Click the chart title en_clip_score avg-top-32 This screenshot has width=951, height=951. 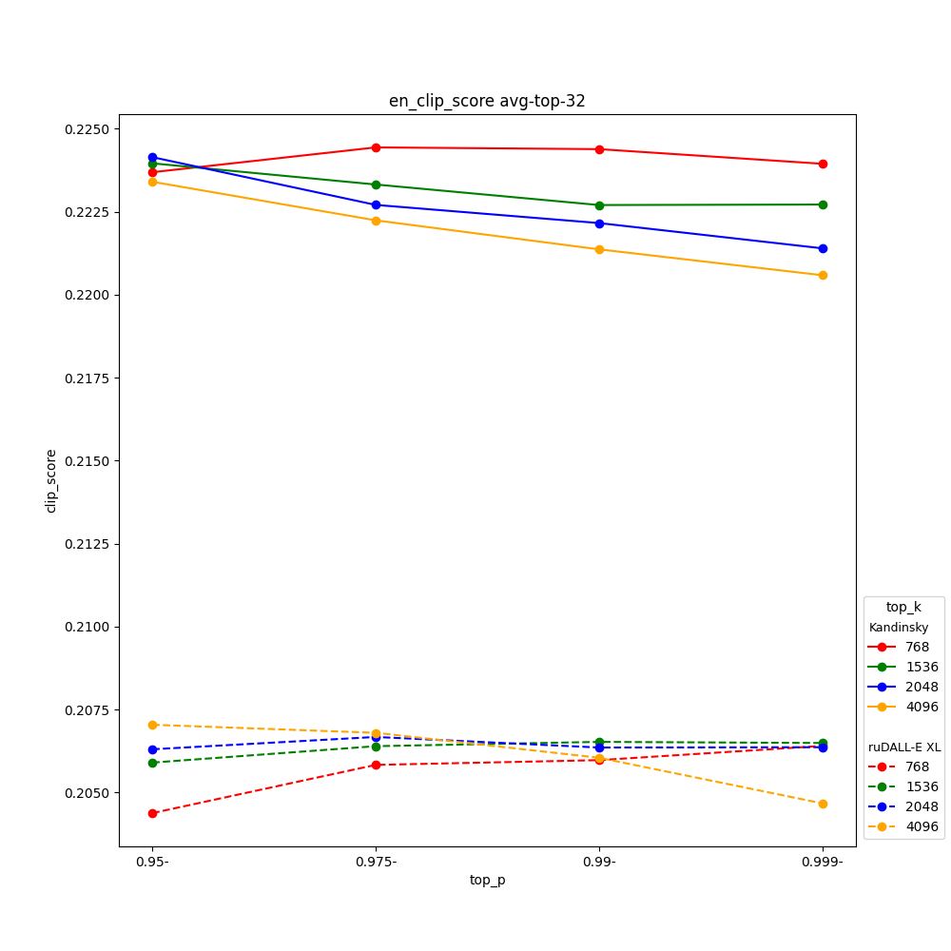487,101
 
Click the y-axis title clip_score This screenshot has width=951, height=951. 51,480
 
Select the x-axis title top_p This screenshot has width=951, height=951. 487,880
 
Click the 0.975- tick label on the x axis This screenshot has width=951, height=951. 376,862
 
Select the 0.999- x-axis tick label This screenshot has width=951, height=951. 823,862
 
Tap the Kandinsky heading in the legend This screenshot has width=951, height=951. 898,628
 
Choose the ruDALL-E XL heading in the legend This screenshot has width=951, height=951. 903,747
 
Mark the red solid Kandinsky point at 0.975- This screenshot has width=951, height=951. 376,147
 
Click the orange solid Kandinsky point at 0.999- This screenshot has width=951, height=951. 823,276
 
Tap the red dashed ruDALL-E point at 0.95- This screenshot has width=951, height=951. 152,813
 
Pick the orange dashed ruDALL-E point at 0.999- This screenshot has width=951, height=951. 823,804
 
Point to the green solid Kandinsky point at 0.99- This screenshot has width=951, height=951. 599,205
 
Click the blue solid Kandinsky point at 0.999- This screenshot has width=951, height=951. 823,249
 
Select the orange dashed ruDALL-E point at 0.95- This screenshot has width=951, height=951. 152,725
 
